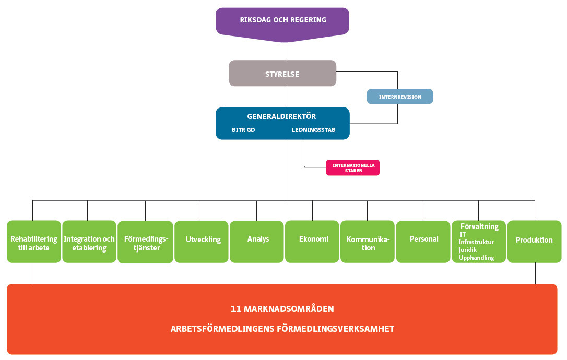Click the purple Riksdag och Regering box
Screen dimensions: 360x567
[282, 21]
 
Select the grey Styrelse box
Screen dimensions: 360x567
[282, 73]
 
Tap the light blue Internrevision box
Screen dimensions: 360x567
[400, 97]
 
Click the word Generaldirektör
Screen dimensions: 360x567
[282, 116]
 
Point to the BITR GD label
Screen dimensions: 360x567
[243, 130]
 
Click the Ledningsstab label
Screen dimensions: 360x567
[313, 130]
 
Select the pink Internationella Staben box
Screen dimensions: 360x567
[353, 167]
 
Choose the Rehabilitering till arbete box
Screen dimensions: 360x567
[34, 242]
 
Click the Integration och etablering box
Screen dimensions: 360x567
[89, 242]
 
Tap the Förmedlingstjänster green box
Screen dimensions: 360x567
[145, 243]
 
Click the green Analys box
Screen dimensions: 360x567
[258, 240]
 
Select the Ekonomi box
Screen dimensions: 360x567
[313, 240]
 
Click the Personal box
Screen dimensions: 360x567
[424, 240]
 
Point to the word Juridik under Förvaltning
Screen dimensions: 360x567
[468, 250]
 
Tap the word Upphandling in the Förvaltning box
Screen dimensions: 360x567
[476, 258]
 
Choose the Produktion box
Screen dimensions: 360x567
[534, 241]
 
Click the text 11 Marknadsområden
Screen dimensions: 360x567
[282, 309]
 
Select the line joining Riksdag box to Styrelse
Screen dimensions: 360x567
[285, 51]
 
